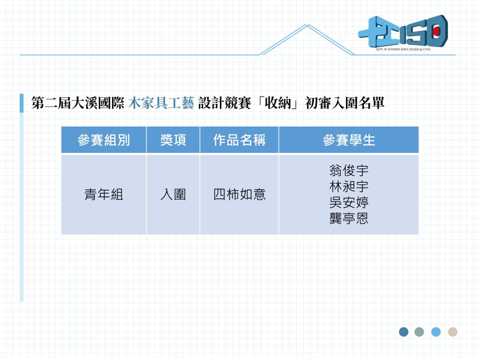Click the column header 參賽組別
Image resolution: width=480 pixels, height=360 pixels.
point(104,140)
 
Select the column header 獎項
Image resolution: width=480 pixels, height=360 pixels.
point(173,140)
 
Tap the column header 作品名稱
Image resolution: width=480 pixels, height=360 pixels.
point(240,140)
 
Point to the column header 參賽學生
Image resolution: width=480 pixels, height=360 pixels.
point(349,140)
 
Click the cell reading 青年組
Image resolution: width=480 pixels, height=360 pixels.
point(104,195)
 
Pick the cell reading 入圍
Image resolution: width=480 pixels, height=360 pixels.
point(173,195)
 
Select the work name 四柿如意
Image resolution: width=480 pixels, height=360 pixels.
point(240,195)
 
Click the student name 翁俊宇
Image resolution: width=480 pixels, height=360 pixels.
point(349,170)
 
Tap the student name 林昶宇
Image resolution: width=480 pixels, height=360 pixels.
point(349,186)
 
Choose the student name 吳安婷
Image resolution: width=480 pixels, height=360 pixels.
point(349,202)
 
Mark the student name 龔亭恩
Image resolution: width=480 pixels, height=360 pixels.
point(349,218)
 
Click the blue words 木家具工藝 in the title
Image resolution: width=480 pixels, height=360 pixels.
point(161,103)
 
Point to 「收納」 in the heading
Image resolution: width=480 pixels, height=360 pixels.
point(278,103)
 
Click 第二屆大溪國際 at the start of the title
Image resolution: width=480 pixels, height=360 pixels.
point(78,103)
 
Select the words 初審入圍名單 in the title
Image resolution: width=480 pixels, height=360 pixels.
point(345,103)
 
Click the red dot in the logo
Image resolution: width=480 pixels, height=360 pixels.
point(436,31)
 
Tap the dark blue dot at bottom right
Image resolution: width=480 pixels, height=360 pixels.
point(404,332)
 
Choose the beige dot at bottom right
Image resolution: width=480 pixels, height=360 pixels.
point(452,332)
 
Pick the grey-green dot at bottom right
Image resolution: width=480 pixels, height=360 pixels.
point(419,332)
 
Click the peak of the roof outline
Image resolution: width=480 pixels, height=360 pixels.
point(306,24)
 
